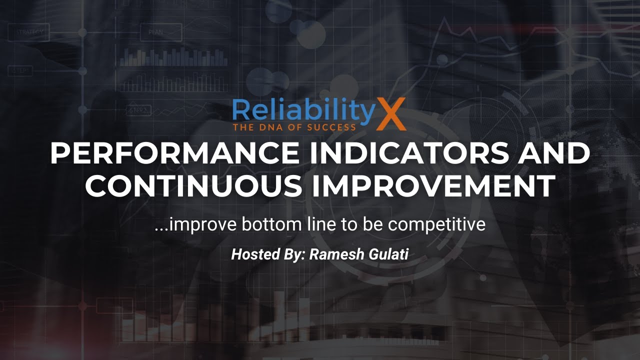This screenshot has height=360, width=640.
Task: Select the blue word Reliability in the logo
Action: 303,111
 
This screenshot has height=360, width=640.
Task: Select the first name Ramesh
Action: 333,254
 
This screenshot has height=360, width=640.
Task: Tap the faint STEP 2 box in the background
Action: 139,110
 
